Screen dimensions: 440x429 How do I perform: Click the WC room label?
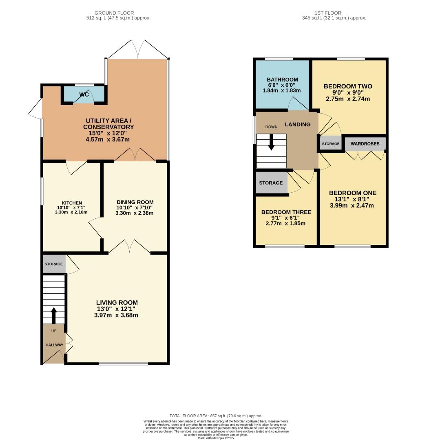point(84,95)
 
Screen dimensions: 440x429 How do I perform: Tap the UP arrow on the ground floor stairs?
point(53,315)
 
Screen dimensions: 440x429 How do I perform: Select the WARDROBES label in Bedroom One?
point(365,144)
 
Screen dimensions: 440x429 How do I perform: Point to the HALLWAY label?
point(54,345)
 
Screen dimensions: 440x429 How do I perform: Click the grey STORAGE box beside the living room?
point(54,264)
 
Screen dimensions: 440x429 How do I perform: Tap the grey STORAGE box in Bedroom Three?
point(271,183)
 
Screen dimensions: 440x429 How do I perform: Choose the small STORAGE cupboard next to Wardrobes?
point(331,144)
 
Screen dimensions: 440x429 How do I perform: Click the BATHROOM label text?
point(282,79)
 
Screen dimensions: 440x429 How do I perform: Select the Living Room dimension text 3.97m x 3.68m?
point(117,315)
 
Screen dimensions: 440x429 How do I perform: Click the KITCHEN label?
point(72,203)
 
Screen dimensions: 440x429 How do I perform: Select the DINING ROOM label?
point(135,202)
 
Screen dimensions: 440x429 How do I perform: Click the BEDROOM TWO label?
point(348,86)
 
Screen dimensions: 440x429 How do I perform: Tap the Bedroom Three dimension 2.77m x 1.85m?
point(285,223)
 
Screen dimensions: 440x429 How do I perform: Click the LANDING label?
point(297,124)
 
